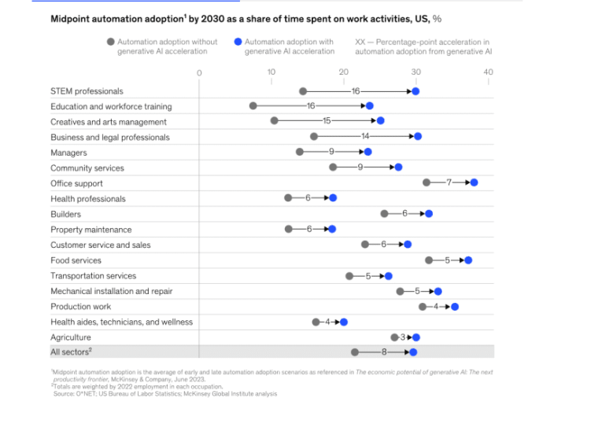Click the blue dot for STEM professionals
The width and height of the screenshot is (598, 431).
point(415,91)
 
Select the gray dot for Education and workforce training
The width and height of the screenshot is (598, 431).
point(253,106)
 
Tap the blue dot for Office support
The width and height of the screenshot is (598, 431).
point(474,183)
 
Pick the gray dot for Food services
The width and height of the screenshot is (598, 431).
point(429,260)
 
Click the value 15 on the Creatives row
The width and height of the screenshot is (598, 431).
point(327,121)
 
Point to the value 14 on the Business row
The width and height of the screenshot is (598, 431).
point(365,137)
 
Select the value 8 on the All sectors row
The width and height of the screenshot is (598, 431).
point(386,352)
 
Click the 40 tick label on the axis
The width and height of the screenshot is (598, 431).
point(488,72)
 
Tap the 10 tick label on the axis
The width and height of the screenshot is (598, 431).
point(271,72)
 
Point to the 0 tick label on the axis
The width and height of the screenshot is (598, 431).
point(199,72)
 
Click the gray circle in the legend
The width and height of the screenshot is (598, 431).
point(111,42)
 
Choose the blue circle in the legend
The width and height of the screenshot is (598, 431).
point(238,42)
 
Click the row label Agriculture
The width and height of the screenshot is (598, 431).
point(71,337)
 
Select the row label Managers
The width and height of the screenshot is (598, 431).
point(68,153)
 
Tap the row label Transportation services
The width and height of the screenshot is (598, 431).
point(93,276)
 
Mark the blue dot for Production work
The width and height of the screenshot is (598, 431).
point(455,307)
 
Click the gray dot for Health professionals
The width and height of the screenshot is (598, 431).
point(288,199)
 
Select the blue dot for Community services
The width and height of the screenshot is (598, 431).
point(398,168)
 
